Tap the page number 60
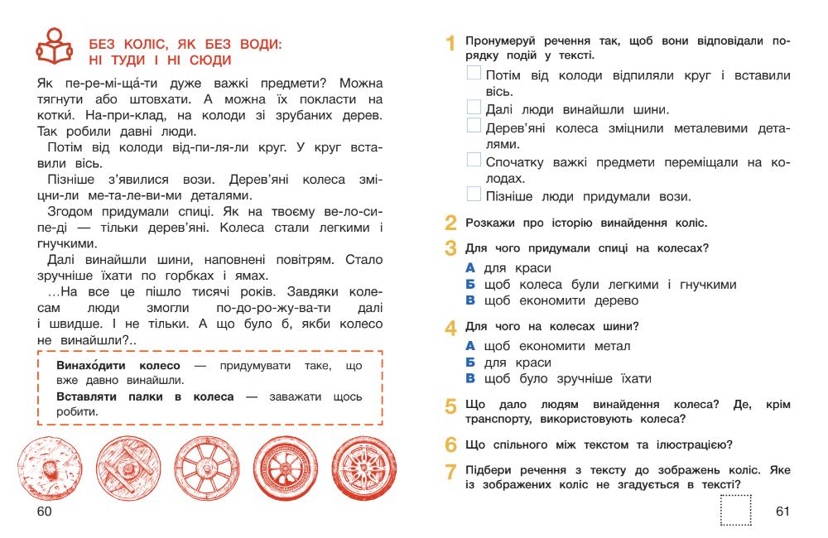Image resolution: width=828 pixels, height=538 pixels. pyautogui.click(x=44, y=512)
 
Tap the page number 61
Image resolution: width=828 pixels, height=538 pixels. pyautogui.click(x=782, y=512)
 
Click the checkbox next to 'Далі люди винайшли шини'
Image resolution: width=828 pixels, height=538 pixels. pyautogui.click(x=473, y=108)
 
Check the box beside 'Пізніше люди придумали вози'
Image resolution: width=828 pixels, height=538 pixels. pyautogui.click(x=473, y=195)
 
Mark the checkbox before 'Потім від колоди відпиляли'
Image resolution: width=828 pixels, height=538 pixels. pyautogui.click(x=473, y=74)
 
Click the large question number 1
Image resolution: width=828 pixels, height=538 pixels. pyautogui.click(x=450, y=43)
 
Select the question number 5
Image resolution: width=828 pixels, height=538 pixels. pyautogui.click(x=450, y=407)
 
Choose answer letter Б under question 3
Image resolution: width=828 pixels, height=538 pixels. pyautogui.click(x=470, y=285)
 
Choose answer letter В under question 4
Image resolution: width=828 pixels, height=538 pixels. pyautogui.click(x=470, y=379)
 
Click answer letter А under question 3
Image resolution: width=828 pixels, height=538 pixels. pyautogui.click(x=470, y=268)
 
